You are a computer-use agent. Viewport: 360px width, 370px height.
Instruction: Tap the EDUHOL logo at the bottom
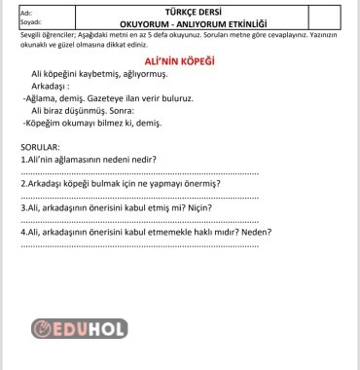pos(80,328)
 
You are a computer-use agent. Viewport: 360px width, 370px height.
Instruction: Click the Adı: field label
pos(12,8)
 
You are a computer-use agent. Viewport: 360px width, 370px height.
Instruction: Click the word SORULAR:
pos(39,146)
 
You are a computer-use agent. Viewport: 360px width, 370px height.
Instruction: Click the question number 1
pos(23,159)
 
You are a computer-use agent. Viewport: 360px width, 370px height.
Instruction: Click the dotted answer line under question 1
pos(139,171)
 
